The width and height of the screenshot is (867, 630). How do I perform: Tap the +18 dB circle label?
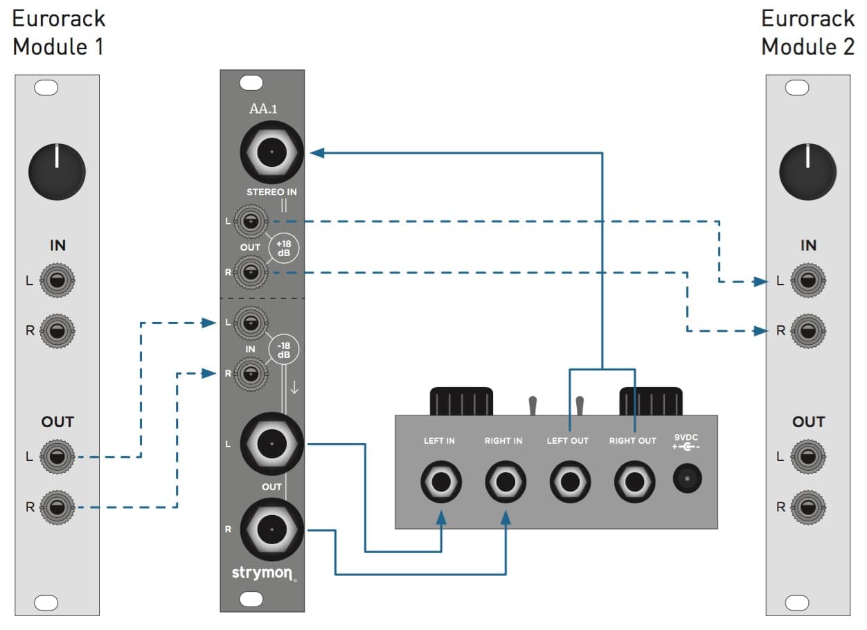tap(284, 248)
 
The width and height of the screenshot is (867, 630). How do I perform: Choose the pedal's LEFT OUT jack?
tap(570, 479)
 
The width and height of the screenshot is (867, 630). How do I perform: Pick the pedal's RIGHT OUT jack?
tap(633, 479)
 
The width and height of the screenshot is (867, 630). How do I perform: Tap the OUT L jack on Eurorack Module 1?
tap(58, 457)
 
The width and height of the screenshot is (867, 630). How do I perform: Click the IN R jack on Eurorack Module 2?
tap(807, 330)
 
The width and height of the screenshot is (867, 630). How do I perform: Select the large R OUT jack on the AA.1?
tap(271, 529)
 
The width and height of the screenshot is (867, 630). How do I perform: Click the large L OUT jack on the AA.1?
tap(271, 443)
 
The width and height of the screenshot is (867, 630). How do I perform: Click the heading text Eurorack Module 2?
tap(807, 33)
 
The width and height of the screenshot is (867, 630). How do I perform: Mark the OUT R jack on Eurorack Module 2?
tap(807, 507)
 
